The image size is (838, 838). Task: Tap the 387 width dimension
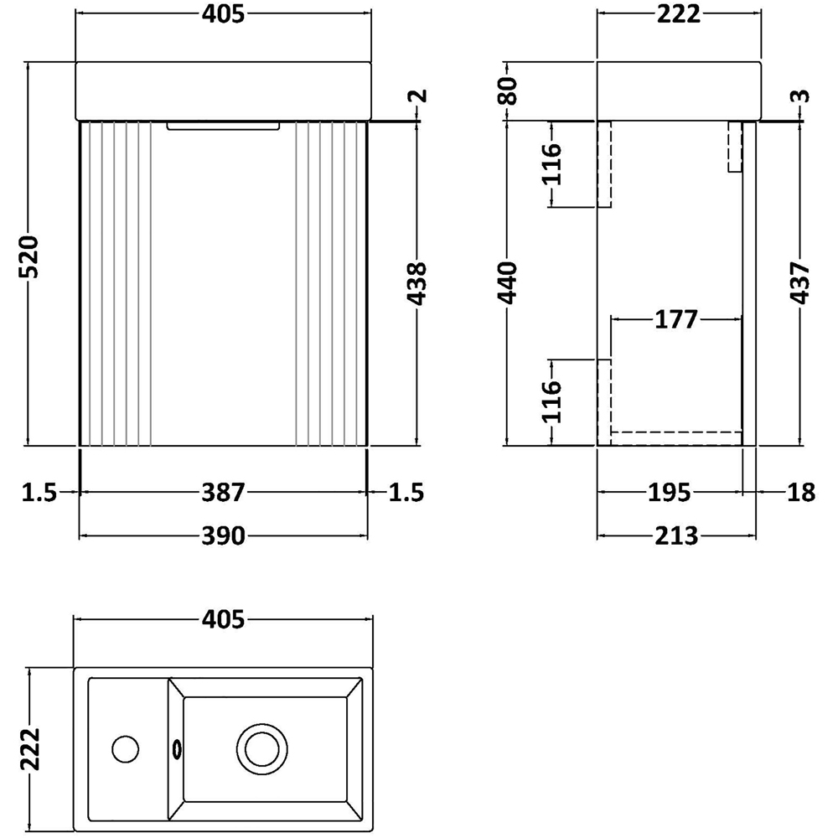[x=222, y=493]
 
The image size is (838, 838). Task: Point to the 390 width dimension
[x=222, y=535]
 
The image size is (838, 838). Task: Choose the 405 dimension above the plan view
[x=222, y=619]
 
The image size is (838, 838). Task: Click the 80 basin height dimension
[x=508, y=91]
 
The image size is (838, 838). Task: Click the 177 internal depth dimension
[x=676, y=319]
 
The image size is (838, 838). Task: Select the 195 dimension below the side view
[x=669, y=493]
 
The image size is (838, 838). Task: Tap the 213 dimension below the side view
[x=676, y=535]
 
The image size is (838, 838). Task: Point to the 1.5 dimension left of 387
[x=39, y=493]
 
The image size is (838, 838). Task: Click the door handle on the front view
[x=222, y=127]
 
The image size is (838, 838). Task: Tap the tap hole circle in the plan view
[x=127, y=747]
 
